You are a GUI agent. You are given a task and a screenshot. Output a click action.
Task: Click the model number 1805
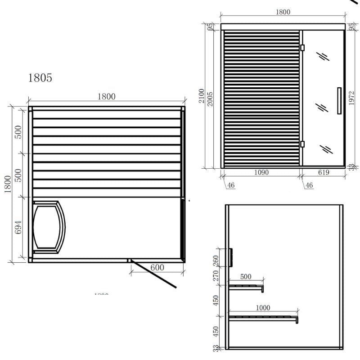(40, 78)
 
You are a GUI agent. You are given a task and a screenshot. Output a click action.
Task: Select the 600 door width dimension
(157, 267)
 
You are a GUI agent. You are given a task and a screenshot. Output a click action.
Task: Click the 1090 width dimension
(261, 172)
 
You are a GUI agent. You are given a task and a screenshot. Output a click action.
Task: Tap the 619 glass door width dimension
(323, 172)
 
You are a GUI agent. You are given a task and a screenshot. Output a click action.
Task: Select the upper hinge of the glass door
(302, 47)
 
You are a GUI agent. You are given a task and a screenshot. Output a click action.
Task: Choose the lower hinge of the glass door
(302, 144)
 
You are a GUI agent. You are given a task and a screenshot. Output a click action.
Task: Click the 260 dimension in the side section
(216, 261)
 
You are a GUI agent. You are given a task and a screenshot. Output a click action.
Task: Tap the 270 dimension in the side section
(216, 275)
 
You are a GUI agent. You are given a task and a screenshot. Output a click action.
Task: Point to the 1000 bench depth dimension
(262, 308)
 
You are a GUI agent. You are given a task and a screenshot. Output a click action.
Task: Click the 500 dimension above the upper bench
(246, 277)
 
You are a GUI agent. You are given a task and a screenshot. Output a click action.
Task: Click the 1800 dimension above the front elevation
(283, 12)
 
